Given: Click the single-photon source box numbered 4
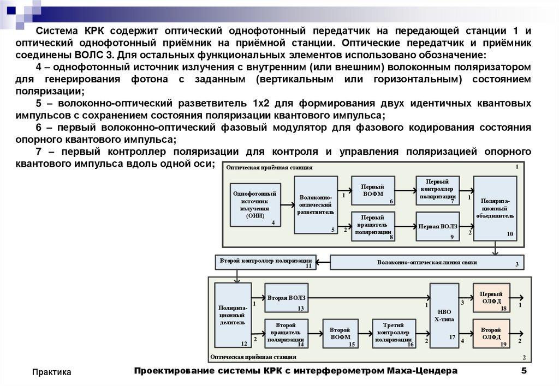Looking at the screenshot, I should point(255,205).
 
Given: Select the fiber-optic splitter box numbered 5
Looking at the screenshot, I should point(316,205).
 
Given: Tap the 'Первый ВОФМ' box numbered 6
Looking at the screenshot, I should point(373,190).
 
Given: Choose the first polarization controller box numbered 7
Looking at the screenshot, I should point(437,190).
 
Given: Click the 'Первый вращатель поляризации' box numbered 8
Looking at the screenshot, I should point(373,226).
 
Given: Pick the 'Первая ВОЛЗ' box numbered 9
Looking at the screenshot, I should point(437,226).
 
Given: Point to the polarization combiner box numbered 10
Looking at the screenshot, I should point(495,208).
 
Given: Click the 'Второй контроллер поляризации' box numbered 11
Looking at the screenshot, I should point(266,262).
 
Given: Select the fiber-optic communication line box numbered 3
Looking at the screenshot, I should point(427,262).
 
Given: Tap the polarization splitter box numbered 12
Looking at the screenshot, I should point(233,315).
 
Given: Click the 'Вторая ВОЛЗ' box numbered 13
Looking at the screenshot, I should point(286,298).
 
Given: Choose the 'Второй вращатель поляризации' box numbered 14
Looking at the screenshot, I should point(286,333).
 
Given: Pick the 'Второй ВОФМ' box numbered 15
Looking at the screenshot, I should point(340,333).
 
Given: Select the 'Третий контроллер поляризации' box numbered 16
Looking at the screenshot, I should point(394,333).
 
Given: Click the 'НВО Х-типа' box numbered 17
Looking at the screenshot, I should point(444,315).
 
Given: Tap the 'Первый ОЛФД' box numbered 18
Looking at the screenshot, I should point(491,298).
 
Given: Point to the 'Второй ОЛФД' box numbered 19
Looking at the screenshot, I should point(491,333).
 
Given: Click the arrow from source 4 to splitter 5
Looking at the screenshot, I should point(288,205).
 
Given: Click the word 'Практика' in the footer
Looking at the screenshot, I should point(52,372).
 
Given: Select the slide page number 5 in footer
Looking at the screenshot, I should point(524,371).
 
